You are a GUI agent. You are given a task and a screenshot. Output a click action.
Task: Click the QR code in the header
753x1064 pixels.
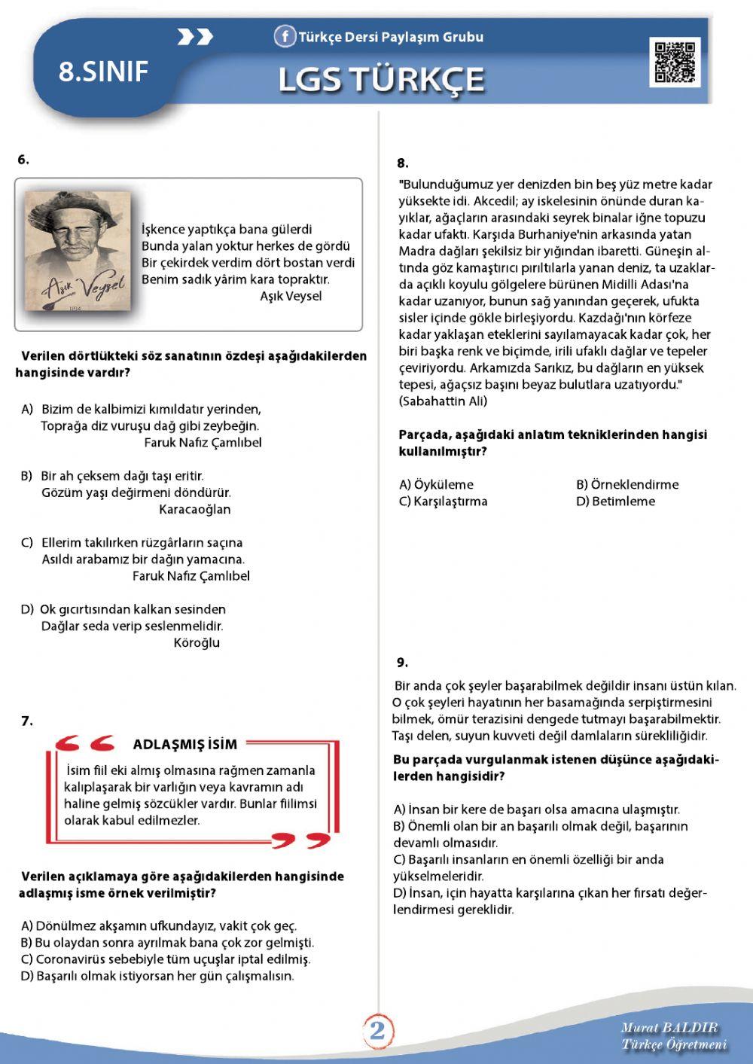point(675,62)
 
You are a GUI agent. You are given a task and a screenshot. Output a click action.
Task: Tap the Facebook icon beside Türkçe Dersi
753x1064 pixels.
point(284,36)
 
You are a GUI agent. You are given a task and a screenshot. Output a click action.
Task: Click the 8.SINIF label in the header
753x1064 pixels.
point(103,72)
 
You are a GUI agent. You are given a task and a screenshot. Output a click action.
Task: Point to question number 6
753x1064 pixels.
point(23,160)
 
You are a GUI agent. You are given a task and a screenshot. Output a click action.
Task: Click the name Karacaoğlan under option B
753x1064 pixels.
point(194,510)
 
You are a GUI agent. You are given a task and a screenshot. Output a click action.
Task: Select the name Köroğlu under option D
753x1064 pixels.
point(197,643)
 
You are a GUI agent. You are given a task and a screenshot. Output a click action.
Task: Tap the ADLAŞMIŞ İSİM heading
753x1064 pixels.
point(184,745)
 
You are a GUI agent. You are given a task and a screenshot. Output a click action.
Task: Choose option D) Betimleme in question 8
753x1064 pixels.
point(615,502)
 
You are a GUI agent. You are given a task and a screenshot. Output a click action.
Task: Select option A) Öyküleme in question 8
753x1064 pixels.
point(436,485)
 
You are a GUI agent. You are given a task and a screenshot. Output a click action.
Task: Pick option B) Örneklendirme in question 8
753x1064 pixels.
point(626,485)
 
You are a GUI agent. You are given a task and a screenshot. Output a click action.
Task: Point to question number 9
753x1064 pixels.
point(402,663)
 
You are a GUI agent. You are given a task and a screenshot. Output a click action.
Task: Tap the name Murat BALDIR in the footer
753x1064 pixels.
point(669,1028)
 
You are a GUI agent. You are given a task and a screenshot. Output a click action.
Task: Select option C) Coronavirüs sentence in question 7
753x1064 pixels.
point(166,959)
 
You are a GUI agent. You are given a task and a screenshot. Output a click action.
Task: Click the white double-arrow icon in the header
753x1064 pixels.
point(195,37)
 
